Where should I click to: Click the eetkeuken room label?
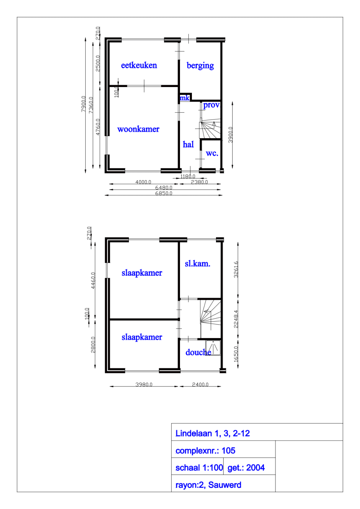(139, 65)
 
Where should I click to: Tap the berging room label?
(200, 65)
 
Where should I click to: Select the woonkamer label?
(138, 129)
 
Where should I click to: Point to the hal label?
(188, 145)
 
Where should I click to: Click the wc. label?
(212, 154)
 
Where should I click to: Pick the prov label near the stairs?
(211, 105)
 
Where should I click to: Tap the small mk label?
(185, 98)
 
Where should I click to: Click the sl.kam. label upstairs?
(198, 264)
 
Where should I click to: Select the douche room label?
(198, 353)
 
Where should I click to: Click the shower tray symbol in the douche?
(213, 348)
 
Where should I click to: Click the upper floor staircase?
(211, 314)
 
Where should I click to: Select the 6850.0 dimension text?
(164, 193)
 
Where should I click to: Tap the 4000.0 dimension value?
(143, 182)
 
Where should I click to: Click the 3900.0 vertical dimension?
(231, 135)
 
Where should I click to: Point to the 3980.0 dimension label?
(144, 385)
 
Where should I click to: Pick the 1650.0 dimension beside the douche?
(236, 354)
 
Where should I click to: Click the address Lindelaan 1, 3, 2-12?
(213, 433)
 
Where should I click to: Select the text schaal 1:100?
(199, 468)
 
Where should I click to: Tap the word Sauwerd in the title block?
(225, 485)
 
